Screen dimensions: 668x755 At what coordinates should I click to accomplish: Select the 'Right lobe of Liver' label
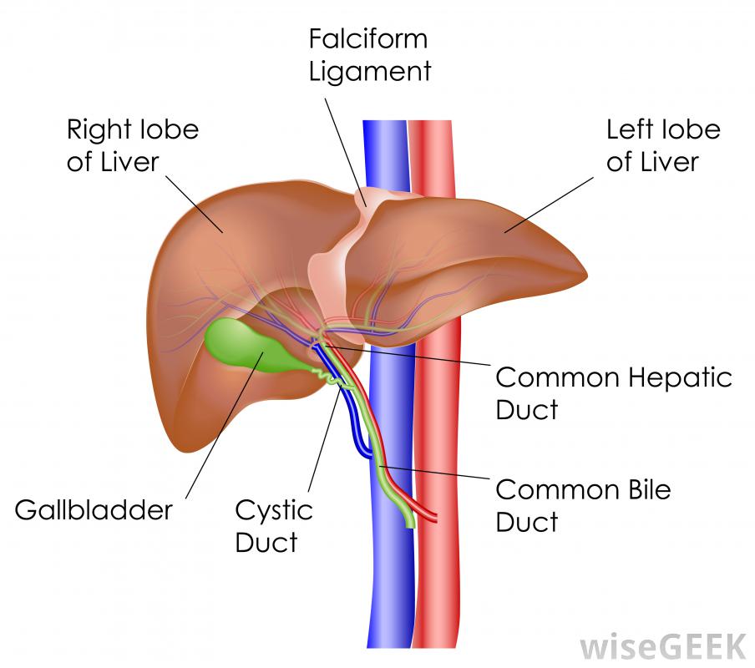point(133,145)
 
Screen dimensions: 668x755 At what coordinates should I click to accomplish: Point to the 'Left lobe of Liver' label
point(662,145)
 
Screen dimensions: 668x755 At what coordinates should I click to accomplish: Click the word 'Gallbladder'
point(94,509)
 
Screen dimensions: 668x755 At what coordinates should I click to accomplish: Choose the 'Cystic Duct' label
point(273,525)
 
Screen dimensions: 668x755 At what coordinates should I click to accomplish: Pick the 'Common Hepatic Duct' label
point(613,392)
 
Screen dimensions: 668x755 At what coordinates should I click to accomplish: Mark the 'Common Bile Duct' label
point(582,504)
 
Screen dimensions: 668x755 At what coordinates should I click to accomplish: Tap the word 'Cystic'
point(273,509)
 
